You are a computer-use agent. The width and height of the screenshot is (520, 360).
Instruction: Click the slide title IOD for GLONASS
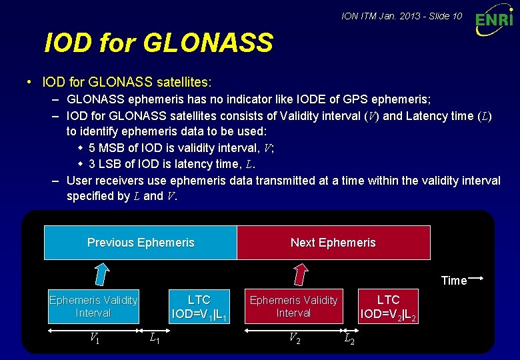tap(159, 43)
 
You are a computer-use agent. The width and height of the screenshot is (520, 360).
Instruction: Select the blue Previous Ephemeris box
tap(141, 243)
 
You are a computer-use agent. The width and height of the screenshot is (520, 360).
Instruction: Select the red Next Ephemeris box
tap(333, 243)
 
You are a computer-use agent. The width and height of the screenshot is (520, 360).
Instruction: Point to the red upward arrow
tap(301, 274)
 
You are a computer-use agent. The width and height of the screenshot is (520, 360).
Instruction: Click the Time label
tap(453, 281)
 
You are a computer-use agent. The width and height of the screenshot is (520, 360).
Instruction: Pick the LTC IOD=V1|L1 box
tap(199, 306)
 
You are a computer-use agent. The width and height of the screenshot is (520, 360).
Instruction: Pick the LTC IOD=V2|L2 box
tap(389, 306)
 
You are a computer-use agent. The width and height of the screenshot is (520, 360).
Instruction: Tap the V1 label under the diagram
tap(95, 338)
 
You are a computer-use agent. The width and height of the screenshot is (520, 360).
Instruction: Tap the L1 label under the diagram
tap(154, 339)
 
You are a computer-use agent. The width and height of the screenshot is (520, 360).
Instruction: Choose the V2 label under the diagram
tap(294, 338)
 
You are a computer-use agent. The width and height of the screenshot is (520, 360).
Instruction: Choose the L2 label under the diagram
tap(349, 339)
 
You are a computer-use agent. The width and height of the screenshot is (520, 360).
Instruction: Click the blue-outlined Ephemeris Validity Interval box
tap(93, 306)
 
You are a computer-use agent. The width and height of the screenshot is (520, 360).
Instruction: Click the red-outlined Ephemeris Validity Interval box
tap(293, 306)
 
